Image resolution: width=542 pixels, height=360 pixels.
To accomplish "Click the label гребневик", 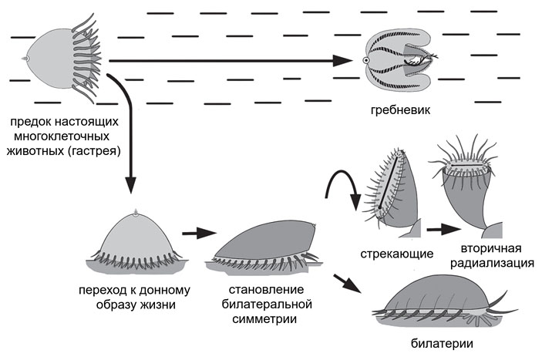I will pos(400,110).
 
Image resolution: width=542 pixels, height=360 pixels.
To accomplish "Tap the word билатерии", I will pos(443,345).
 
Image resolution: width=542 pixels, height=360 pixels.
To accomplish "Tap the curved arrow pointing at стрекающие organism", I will pos(339,185).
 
